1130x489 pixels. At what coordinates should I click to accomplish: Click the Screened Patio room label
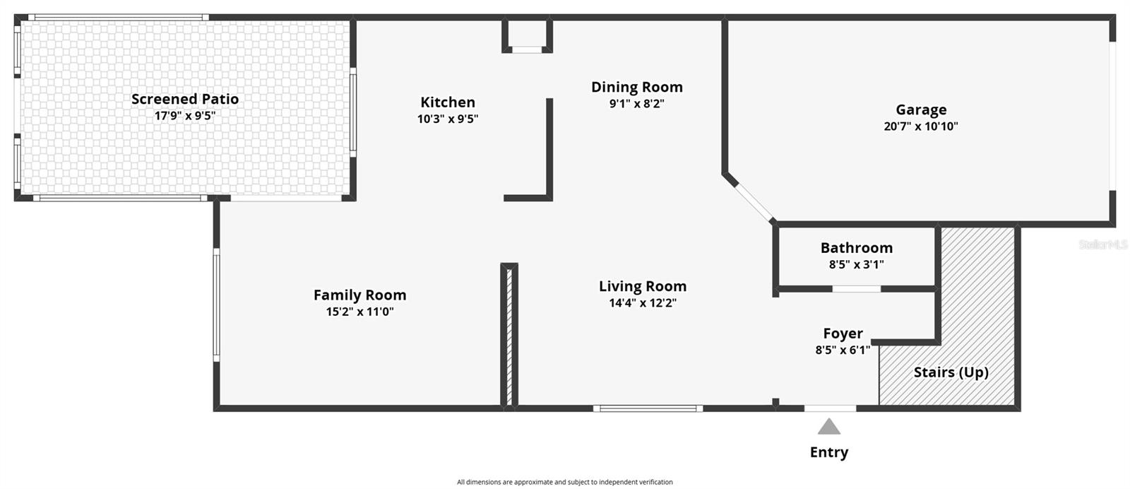click(x=185, y=99)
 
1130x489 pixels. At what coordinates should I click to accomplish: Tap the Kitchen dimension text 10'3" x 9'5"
click(x=448, y=119)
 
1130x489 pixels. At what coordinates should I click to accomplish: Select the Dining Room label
click(x=636, y=87)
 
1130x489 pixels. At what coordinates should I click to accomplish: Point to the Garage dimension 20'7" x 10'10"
click(x=920, y=126)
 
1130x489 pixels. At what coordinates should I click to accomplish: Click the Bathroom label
click(x=856, y=248)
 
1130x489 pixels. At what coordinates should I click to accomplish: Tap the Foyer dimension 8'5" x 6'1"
click(x=843, y=349)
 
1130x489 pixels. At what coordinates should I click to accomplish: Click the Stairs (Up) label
click(x=951, y=372)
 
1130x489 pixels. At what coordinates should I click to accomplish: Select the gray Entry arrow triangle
click(x=829, y=427)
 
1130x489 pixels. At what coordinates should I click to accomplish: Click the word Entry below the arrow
click(x=829, y=452)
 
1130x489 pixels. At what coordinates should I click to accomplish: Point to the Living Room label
click(x=643, y=286)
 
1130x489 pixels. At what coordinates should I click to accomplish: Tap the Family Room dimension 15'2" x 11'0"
click(x=359, y=312)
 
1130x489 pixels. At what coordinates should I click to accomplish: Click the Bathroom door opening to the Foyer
click(x=856, y=288)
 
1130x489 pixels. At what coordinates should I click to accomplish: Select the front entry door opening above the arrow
click(x=830, y=408)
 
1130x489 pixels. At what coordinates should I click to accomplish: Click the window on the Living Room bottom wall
click(x=648, y=408)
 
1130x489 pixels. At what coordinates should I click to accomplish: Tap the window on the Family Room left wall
click(x=217, y=305)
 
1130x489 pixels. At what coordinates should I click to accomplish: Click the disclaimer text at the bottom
click(x=564, y=482)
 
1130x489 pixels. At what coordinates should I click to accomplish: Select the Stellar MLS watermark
click(x=1102, y=245)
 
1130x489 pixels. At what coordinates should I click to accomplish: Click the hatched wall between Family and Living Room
click(x=509, y=336)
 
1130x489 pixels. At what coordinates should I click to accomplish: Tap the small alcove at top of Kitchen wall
click(x=527, y=35)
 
